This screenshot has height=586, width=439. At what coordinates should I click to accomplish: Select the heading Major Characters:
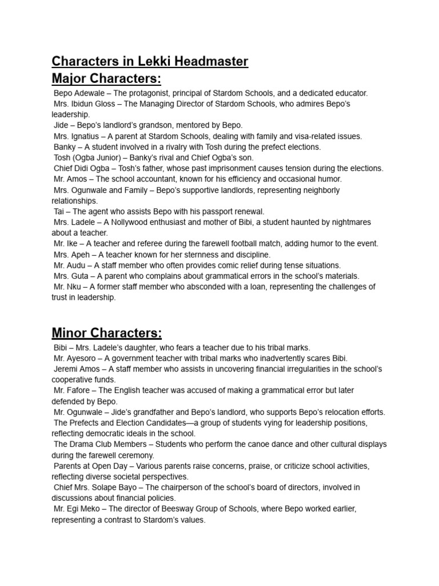pyautogui.click(x=107, y=78)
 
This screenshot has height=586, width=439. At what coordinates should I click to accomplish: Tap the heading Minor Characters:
pyautogui.click(x=107, y=332)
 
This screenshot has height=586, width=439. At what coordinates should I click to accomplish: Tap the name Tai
pyautogui.click(x=59, y=212)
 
